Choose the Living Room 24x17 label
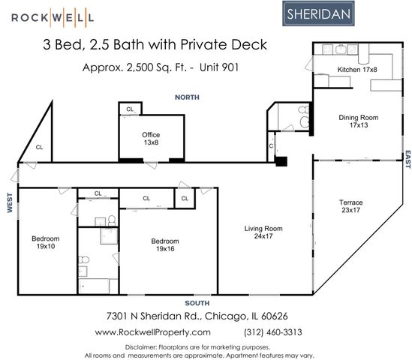[x=263, y=233]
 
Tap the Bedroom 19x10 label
[x=45, y=243]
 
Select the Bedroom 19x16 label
[x=164, y=245]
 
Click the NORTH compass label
[x=187, y=97]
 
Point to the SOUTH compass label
[x=197, y=302]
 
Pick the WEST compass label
[x=11, y=203]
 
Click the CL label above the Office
[x=130, y=109]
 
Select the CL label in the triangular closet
[x=40, y=147]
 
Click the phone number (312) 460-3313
[x=273, y=331]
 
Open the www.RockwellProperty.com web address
[x=152, y=331]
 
